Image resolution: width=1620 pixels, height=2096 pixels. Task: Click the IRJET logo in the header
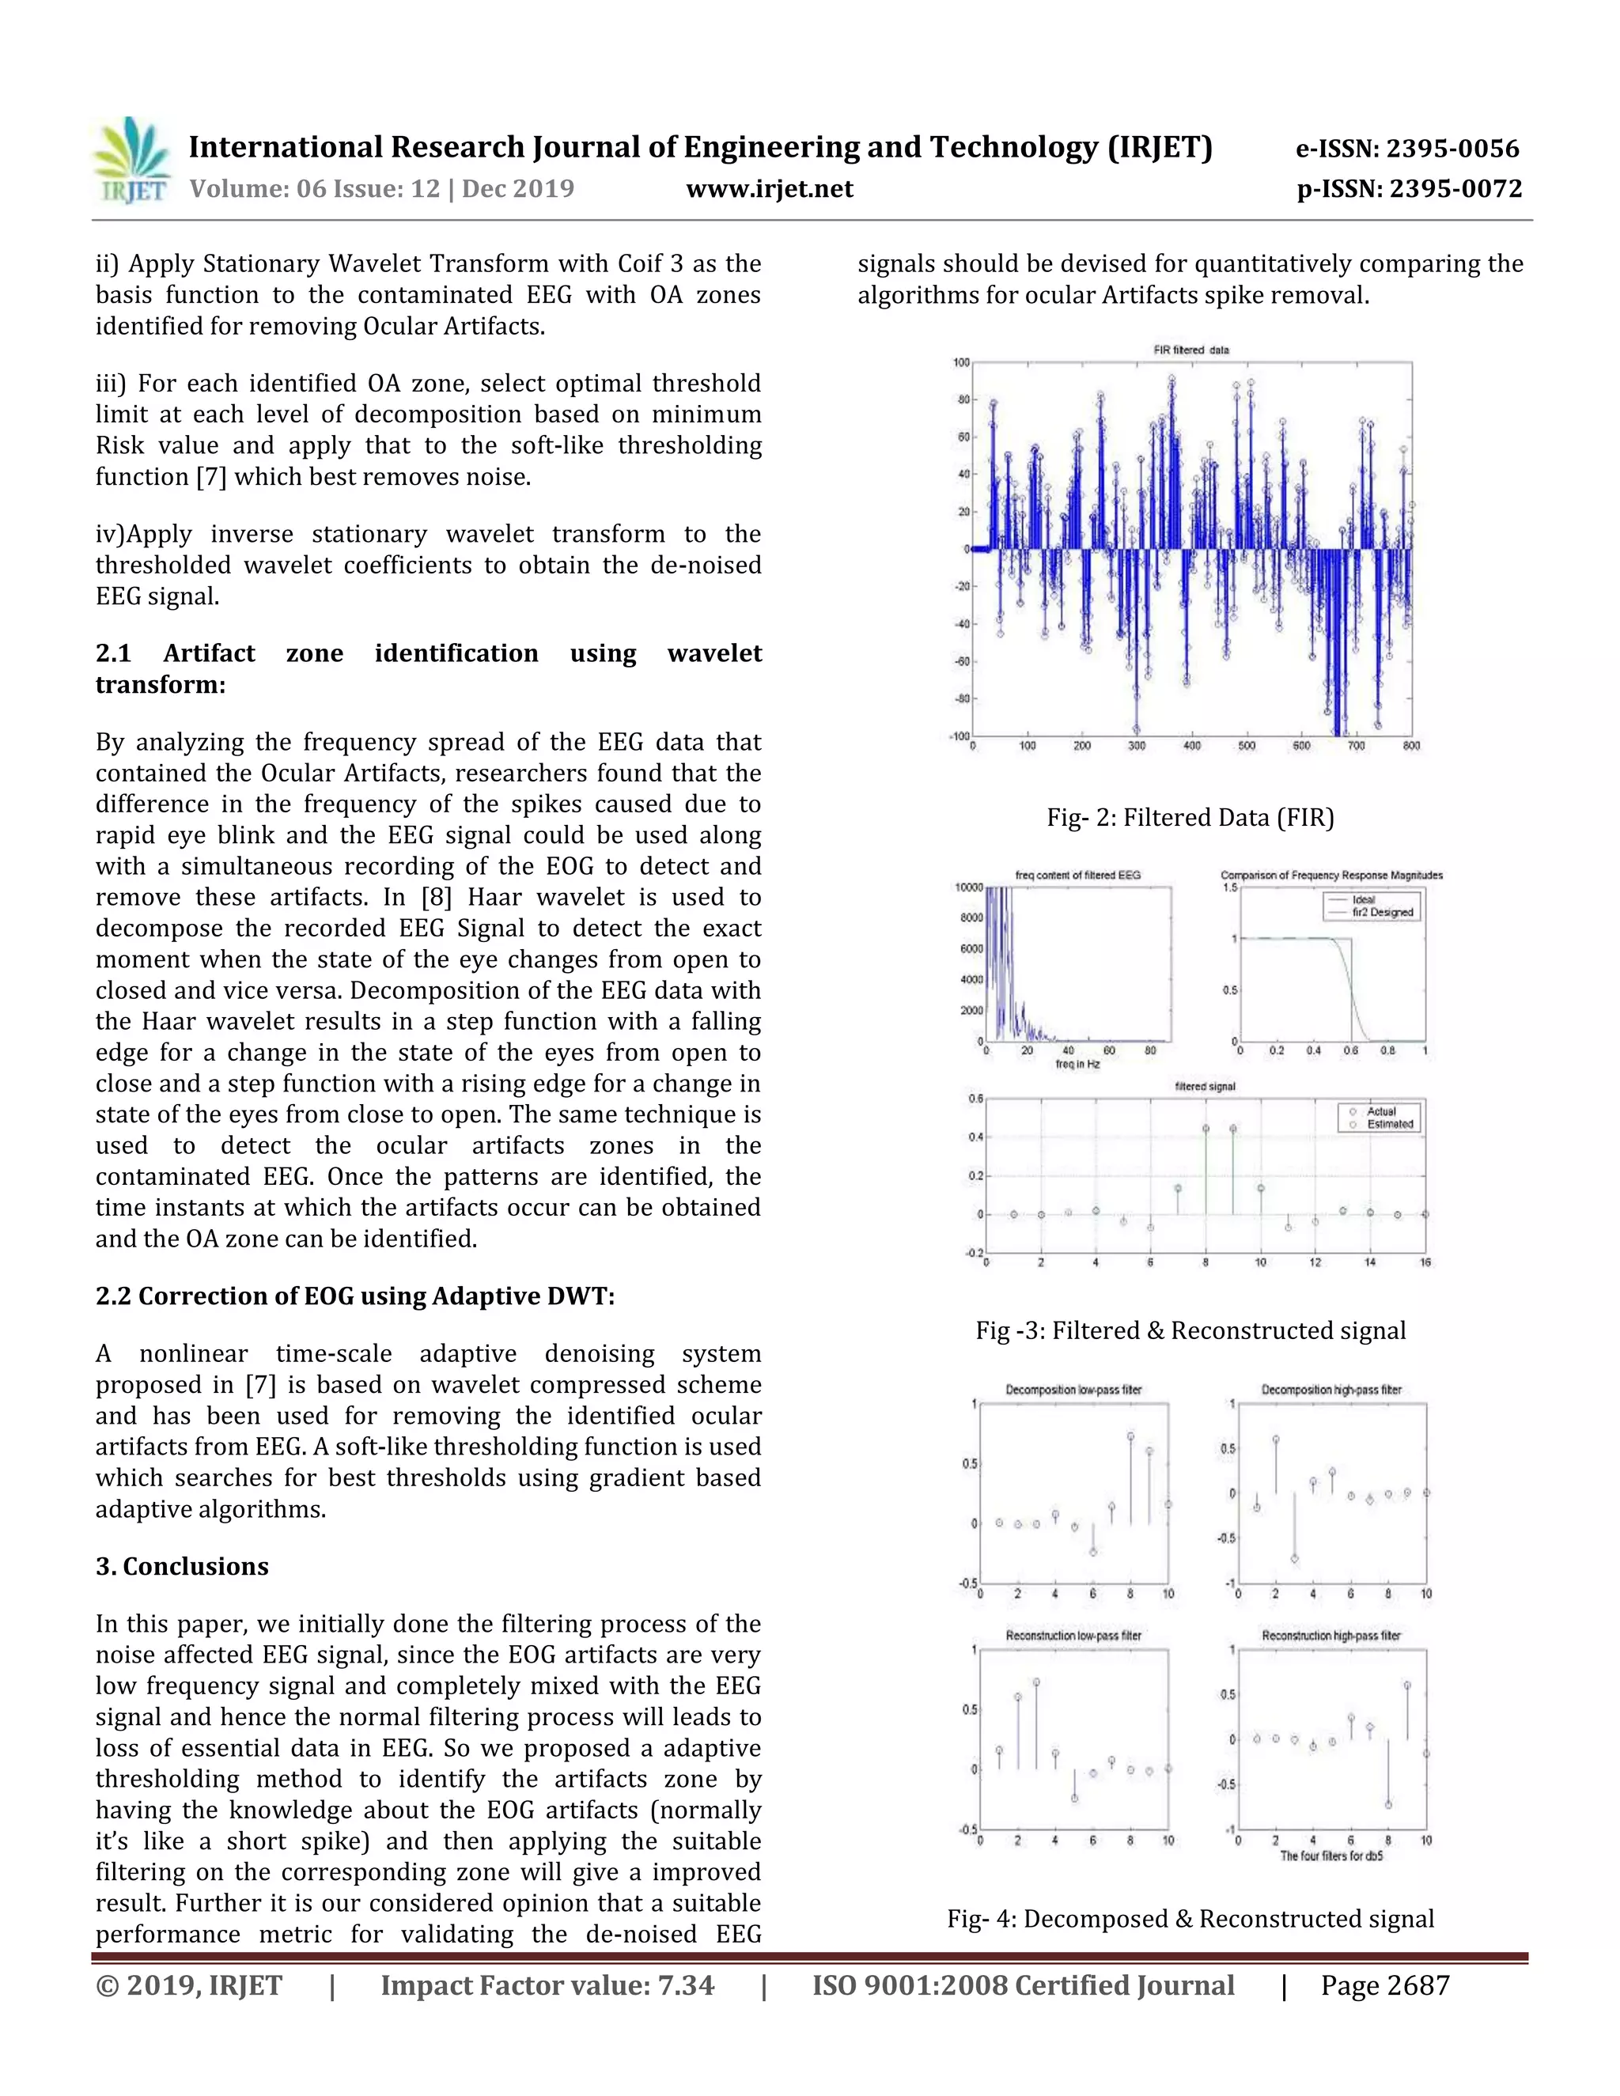[131, 161]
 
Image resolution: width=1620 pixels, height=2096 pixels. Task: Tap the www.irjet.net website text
[769, 189]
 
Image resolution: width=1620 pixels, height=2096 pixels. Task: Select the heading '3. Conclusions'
[183, 1566]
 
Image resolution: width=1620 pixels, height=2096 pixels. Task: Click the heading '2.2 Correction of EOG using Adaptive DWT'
[355, 1296]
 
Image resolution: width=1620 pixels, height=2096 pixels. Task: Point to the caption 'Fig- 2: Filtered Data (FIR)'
[1190, 818]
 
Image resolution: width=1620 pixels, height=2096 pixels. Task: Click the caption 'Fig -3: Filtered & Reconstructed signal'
[1190, 1330]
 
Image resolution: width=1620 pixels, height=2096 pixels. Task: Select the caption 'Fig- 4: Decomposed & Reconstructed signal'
[1190, 1919]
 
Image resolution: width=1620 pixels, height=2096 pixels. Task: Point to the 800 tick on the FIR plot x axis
[1411, 746]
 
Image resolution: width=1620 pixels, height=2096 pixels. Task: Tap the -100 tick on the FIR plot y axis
[959, 736]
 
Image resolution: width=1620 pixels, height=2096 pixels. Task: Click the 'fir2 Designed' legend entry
[1382, 913]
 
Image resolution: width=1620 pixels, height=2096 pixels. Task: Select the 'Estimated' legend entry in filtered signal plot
[1390, 1124]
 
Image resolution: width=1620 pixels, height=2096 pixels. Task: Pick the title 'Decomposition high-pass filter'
[1331, 1390]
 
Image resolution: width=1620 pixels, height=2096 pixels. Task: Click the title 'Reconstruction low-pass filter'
[1073, 1636]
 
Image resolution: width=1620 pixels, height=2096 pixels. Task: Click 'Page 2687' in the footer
[1384, 1985]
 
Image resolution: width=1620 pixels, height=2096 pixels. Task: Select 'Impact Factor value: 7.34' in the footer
[547, 1985]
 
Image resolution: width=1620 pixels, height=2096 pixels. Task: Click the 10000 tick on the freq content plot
[968, 887]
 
